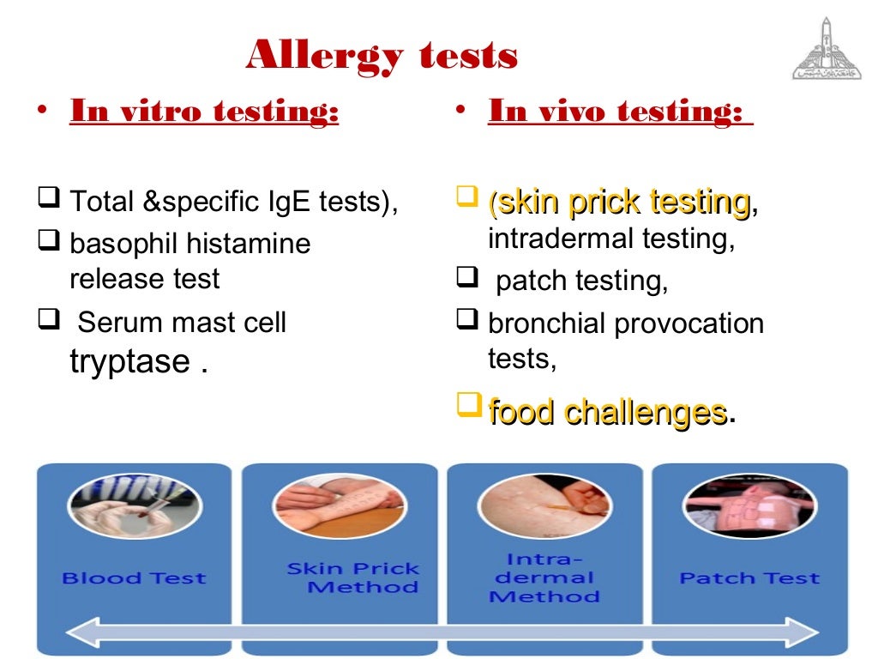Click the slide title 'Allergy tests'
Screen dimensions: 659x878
(x=382, y=57)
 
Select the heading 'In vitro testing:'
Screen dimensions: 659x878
(x=204, y=112)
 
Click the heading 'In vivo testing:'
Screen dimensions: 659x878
(x=616, y=112)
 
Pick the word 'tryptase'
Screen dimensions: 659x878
(x=129, y=361)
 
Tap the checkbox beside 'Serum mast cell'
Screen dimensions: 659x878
(x=47, y=321)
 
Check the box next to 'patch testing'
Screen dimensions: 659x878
(x=466, y=279)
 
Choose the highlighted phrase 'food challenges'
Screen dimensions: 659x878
(x=607, y=412)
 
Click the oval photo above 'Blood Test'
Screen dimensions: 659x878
(x=135, y=505)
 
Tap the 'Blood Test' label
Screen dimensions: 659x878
(x=134, y=578)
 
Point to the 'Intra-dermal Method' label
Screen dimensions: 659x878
(x=545, y=577)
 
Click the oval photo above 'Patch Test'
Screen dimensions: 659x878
(x=749, y=505)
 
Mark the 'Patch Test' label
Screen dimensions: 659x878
(x=749, y=578)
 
